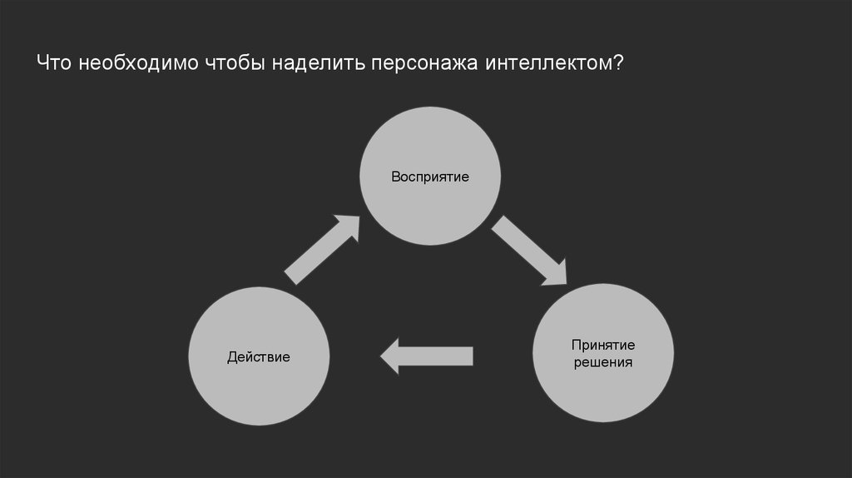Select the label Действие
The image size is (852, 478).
click(x=259, y=357)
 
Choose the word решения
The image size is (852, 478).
click(x=603, y=363)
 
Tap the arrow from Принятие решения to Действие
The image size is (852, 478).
click(x=427, y=356)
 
